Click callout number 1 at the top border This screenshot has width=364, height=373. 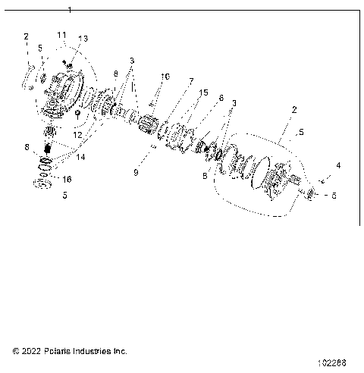[x=70, y=10]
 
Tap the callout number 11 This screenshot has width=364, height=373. [x=61, y=36]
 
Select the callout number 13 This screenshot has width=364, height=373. [x=83, y=39]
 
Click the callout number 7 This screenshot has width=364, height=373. [x=191, y=81]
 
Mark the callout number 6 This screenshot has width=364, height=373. [x=221, y=98]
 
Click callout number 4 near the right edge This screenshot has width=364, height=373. [x=338, y=165]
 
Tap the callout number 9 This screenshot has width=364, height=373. [x=136, y=172]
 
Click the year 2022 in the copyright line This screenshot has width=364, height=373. [x=32, y=352]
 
